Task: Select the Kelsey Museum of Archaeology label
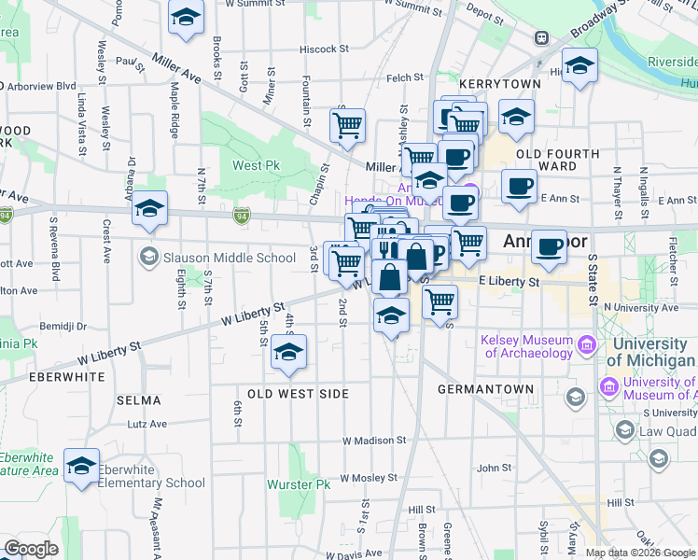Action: click(527, 346)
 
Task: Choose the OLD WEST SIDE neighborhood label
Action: click(298, 394)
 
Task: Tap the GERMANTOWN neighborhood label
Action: click(489, 388)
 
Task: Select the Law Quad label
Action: click(668, 431)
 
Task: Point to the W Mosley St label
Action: click(370, 477)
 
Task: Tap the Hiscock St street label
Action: click(324, 49)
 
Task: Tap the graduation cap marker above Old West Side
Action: click(288, 353)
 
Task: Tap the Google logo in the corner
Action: click(32, 549)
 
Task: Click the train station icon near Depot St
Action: click(540, 38)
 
